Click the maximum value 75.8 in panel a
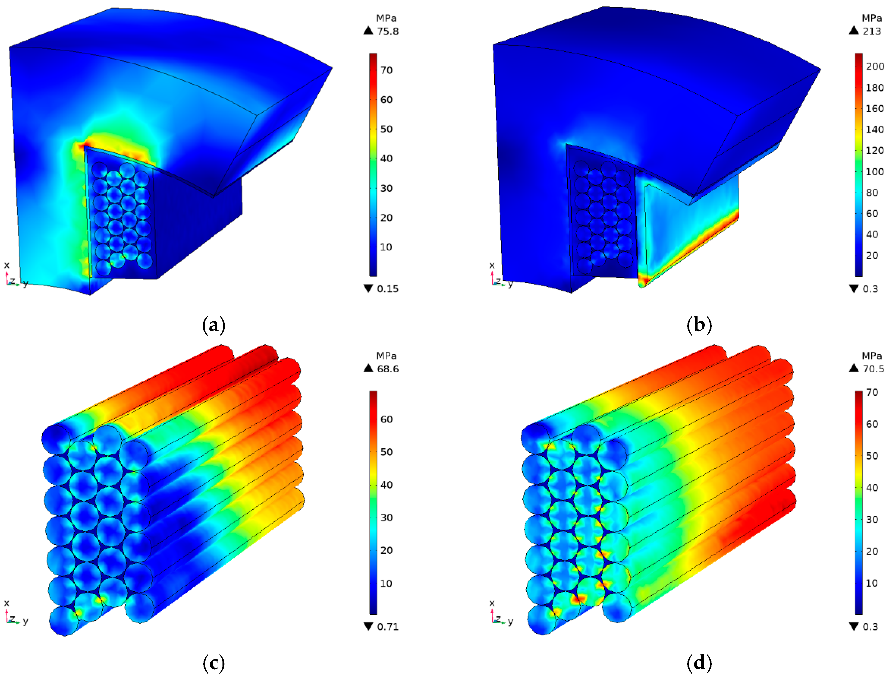(x=388, y=31)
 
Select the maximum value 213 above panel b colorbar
(x=872, y=31)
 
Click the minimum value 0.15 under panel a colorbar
(x=388, y=289)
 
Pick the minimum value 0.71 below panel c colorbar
(x=388, y=627)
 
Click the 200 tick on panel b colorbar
(x=875, y=67)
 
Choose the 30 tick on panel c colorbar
(x=386, y=518)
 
